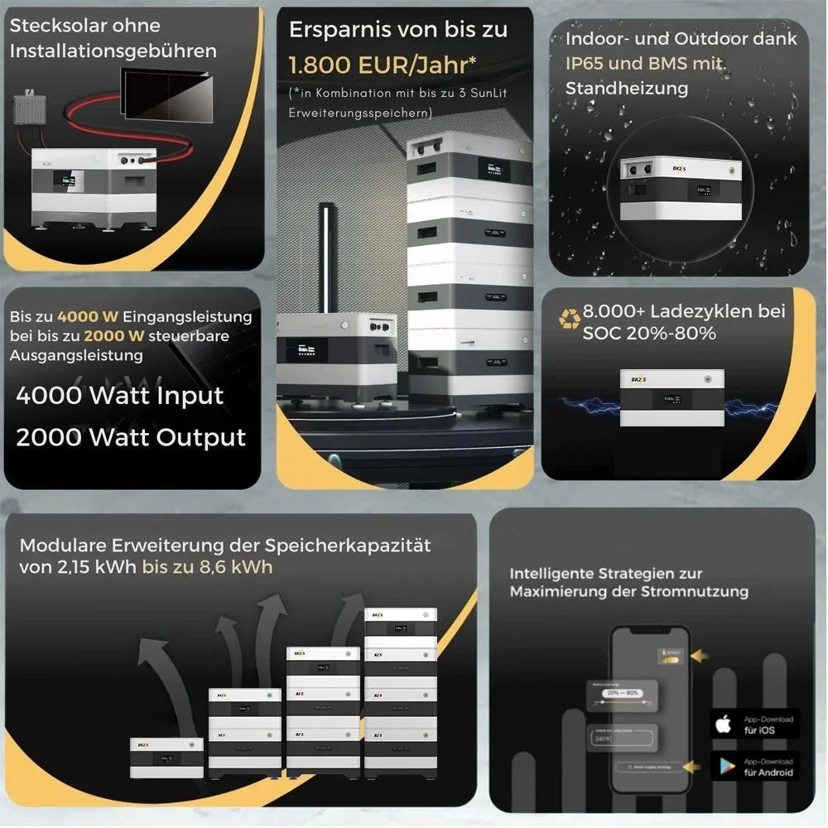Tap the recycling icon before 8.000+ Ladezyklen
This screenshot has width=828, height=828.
[570, 319]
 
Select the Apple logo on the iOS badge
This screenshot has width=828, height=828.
[724, 724]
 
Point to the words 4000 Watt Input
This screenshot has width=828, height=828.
[120, 395]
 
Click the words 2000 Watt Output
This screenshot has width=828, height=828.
[131, 437]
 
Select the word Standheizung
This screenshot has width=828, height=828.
[626, 88]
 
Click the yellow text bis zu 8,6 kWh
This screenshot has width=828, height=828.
[207, 567]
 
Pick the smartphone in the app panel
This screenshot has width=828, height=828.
[649, 710]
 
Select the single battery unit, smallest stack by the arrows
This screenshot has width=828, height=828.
[166, 757]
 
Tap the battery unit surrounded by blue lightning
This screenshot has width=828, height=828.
[672, 398]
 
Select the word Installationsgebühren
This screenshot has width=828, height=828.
[113, 51]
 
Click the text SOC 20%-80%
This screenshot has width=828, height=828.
[649, 334]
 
